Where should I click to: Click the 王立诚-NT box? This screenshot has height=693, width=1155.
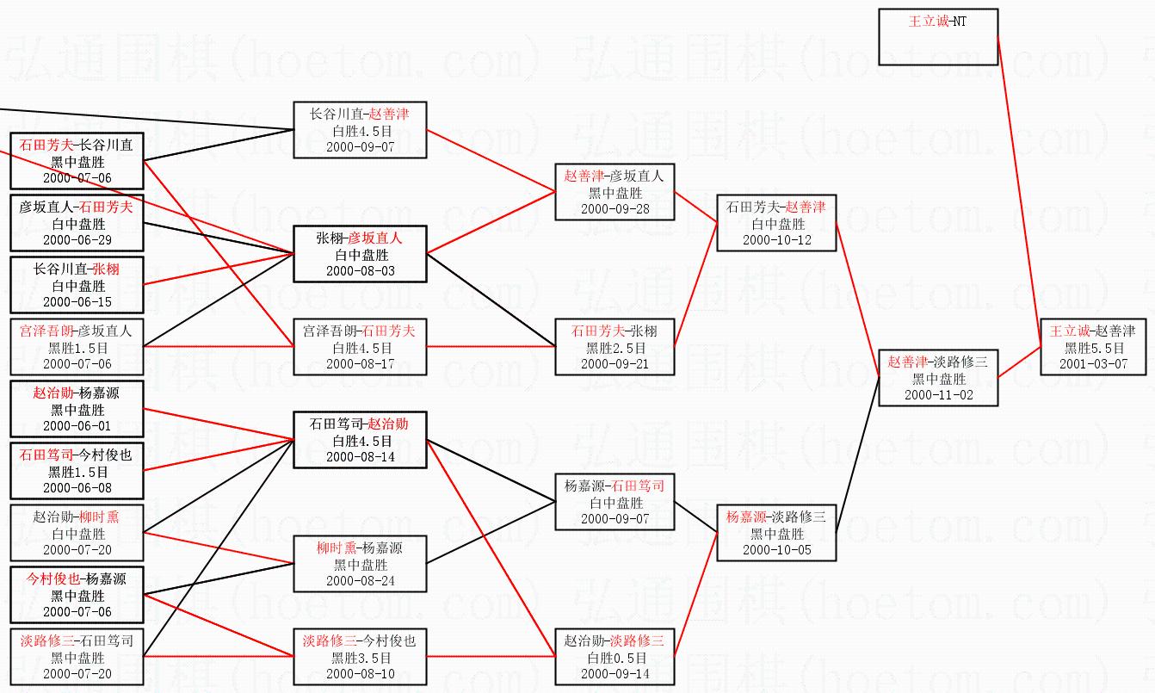click(937, 37)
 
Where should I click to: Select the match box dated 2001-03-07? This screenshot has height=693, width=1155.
click(1094, 347)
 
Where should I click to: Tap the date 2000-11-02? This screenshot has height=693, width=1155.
click(937, 394)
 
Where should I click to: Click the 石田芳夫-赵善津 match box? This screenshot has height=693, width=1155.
click(776, 223)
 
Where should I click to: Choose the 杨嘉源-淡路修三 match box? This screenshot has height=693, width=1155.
click(776, 533)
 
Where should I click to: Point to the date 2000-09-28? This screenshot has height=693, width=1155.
click(614, 208)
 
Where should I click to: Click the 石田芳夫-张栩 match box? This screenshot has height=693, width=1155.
click(614, 347)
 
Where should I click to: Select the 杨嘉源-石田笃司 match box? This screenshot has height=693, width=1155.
click(614, 502)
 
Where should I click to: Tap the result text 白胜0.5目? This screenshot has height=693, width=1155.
click(614, 658)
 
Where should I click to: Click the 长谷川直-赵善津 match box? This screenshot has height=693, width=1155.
click(360, 130)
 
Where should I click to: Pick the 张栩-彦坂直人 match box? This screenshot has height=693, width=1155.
click(360, 254)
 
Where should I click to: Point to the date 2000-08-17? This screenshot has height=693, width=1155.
click(360, 363)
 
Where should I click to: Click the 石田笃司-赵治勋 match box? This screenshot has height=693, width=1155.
click(360, 440)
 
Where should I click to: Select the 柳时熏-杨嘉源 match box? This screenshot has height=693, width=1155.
click(360, 564)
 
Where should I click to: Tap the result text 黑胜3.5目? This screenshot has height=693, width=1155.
click(360, 658)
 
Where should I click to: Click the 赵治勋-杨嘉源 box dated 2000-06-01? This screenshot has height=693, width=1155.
click(77, 409)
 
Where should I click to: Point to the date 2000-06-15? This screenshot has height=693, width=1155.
click(77, 301)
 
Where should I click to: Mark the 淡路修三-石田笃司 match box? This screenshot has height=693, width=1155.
click(77, 657)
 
